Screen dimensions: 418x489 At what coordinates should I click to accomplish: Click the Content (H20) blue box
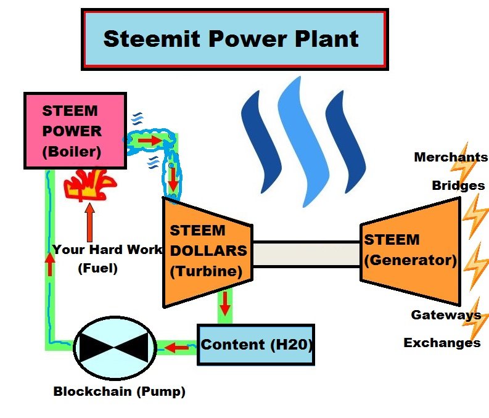(256, 344)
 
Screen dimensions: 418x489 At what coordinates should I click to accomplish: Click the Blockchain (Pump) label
(119, 391)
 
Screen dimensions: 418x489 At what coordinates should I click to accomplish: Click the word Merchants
(450, 157)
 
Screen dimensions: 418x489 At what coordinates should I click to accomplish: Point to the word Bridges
(458, 186)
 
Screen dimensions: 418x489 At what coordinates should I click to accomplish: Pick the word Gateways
(446, 315)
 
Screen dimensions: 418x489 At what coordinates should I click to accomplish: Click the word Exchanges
(442, 342)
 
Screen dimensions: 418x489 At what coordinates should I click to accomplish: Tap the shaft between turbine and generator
(306, 253)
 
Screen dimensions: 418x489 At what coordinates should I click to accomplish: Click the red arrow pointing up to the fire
(90, 222)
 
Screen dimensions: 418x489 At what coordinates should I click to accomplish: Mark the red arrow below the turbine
(225, 302)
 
